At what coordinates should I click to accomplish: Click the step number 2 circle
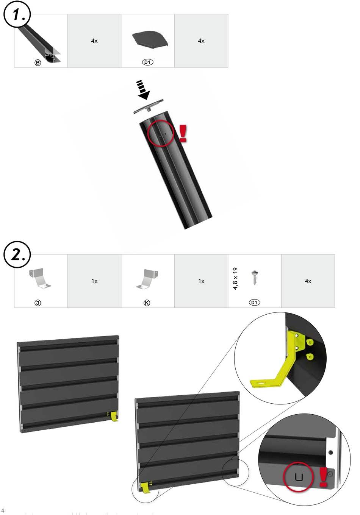coord(17,254)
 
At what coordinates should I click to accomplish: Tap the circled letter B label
coord(38,62)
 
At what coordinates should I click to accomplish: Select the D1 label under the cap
coord(148,62)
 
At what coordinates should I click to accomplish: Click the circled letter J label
coord(38,303)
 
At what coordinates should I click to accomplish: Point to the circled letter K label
coord(147,303)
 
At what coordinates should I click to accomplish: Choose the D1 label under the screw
coord(254,302)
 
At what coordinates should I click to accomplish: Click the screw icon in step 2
coord(254,278)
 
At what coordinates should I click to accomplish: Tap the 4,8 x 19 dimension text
coord(235,279)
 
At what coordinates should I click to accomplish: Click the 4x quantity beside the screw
coord(308,281)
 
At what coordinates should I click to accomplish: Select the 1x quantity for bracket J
coord(94,281)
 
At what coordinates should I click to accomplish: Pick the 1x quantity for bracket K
coord(201,281)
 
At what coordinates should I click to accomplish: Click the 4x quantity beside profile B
coord(94,41)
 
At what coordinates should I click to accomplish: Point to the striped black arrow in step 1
coord(143,90)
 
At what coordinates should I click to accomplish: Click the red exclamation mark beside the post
coord(183,134)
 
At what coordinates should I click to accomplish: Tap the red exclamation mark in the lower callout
coord(323,477)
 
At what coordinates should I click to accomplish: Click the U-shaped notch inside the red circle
coord(299,477)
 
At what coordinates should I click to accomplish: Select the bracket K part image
coord(147,279)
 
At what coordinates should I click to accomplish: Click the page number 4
coord(3,511)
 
